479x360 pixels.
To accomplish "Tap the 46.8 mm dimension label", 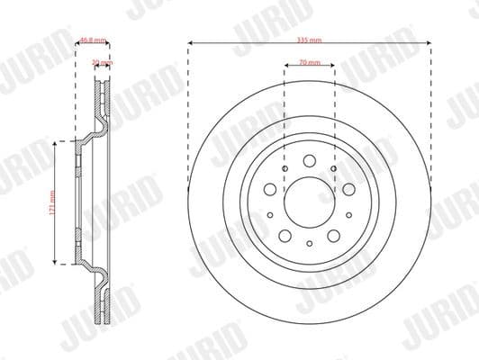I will coord(91,40).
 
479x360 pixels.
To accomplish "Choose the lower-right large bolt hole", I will coord(331,234).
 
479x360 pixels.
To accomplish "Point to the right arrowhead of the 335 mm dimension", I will coord(429,41).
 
